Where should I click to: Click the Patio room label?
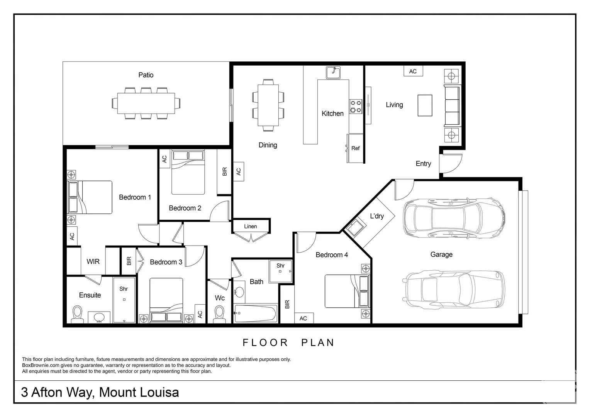(x=146, y=75)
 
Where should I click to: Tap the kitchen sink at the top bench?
(x=333, y=73)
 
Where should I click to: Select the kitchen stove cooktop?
(x=356, y=107)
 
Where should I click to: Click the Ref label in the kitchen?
(x=355, y=148)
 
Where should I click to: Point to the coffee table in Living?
(x=425, y=105)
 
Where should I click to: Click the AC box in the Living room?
(x=413, y=71)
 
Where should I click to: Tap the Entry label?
(x=423, y=164)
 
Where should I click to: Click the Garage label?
(x=441, y=254)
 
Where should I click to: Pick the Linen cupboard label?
(x=250, y=227)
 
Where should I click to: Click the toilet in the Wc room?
(x=219, y=313)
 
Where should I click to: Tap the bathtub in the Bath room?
(x=255, y=313)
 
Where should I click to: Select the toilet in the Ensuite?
(x=77, y=313)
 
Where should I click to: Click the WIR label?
(x=93, y=262)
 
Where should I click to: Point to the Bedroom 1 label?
(x=135, y=197)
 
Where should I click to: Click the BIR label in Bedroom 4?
(x=287, y=304)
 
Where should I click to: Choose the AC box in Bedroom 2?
(x=164, y=159)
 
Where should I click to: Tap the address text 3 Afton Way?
(x=57, y=392)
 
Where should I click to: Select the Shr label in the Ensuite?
(x=124, y=289)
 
